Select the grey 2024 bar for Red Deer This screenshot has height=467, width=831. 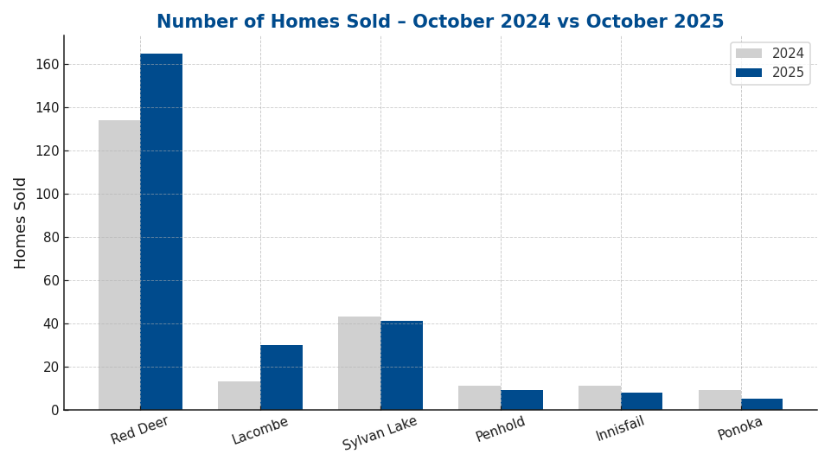coord(119,265)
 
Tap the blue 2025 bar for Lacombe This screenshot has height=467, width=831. coord(281,377)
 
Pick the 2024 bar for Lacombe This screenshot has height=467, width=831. coord(240,395)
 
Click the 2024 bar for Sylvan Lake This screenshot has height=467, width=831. coord(359,363)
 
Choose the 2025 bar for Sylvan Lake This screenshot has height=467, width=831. coord(401,365)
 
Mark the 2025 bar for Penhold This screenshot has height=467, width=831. coord(521,400)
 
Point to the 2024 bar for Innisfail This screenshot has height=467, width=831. coord(599,398)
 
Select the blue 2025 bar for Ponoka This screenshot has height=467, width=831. coord(762,404)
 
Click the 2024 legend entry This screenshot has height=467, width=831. coord(770,54)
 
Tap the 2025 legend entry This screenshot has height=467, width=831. coord(770,73)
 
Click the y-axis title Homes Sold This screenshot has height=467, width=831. coord(21,222)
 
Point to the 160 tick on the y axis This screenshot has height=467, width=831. coord(47,64)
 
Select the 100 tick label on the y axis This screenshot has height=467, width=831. coord(47,194)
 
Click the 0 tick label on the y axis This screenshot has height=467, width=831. coord(54,410)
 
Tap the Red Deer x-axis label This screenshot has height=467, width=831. coord(139,430)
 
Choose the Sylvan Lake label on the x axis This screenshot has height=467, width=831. coord(380,433)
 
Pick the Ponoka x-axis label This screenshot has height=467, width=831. coord(740,428)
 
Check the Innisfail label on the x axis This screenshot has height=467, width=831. coord(620,429)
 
